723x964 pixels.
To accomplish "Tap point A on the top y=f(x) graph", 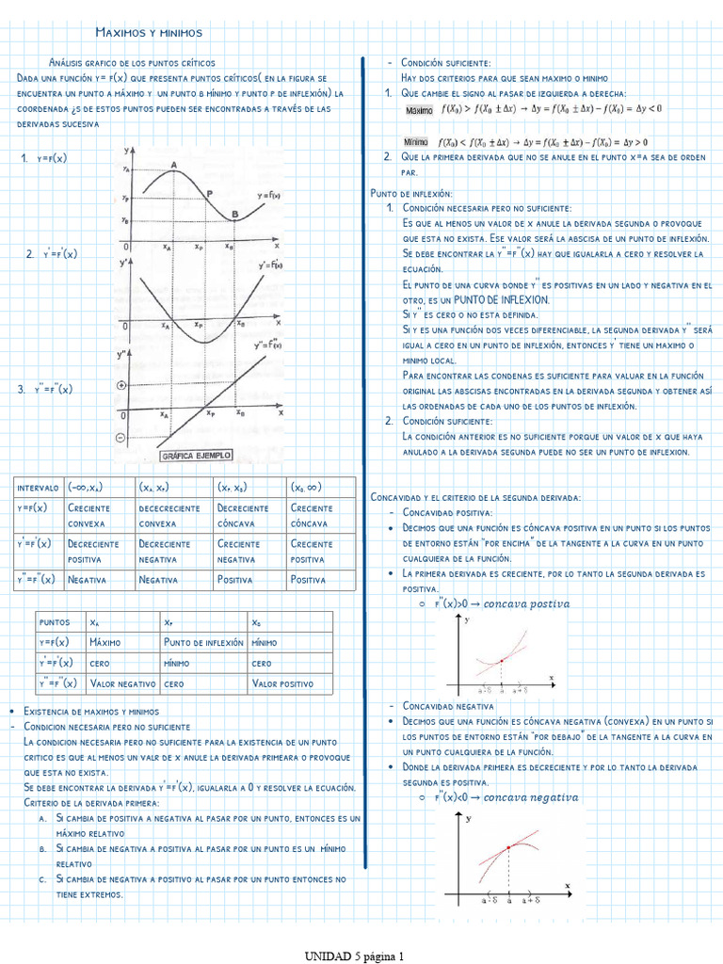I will click(174, 169).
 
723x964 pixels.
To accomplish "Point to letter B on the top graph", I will click(234, 215).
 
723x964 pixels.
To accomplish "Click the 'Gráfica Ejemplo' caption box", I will click(196, 456).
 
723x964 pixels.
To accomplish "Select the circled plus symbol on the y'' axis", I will click(120, 386).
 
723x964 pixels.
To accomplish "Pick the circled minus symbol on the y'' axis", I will click(120, 438).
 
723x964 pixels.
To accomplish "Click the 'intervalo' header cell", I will click(38, 488).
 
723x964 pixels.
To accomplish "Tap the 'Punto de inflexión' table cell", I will click(203, 642).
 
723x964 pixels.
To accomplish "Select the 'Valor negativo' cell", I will click(122, 684).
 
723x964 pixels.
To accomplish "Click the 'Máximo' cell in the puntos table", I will click(106, 642).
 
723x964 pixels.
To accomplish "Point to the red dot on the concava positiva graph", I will click(502, 661).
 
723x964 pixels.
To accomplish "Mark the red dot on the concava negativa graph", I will click(508, 847).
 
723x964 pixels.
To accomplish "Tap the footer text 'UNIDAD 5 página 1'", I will click(354, 956).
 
